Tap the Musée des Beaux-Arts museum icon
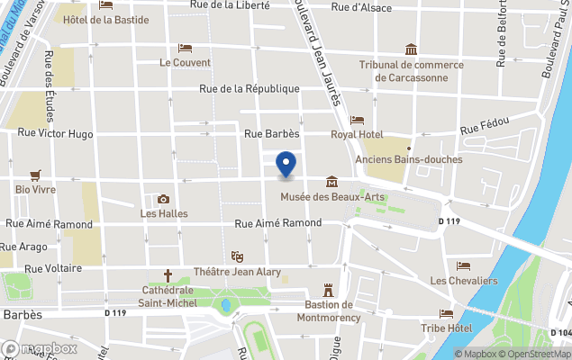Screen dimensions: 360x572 pyautogui.click(x=332, y=181)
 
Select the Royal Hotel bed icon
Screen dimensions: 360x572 pyautogui.click(x=357, y=120)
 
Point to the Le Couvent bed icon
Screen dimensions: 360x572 pyautogui.click(x=185, y=48)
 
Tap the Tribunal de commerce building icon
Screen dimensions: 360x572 pyautogui.click(x=411, y=49)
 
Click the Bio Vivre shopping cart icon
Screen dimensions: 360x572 pyautogui.click(x=35, y=175)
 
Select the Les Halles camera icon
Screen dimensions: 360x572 pyautogui.click(x=163, y=199)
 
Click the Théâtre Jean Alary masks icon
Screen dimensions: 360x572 pyautogui.click(x=237, y=257)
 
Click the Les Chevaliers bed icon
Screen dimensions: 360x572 pyautogui.click(x=463, y=266)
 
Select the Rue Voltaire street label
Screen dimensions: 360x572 pyautogui.click(x=54, y=268)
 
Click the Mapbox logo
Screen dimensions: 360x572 pyautogui.click(x=40, y=348)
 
